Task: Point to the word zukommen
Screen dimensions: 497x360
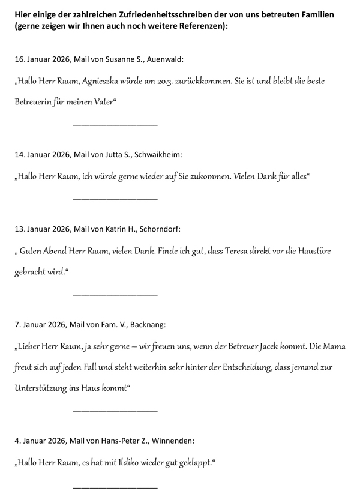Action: point(212,176)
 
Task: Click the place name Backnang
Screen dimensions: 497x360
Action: point(145,324)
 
